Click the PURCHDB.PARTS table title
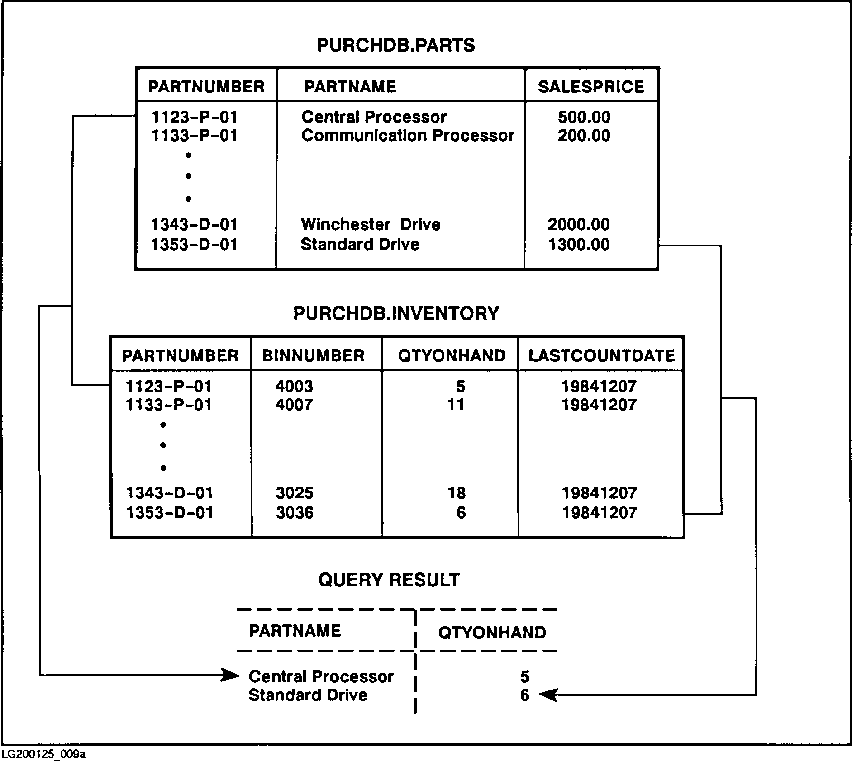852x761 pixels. pyautogui.click(x=396, y=45)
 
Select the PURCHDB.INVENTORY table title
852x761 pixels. pyautogui.click(x=396, y=313)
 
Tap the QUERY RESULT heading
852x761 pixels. pyautogui.click(x=389, y=580)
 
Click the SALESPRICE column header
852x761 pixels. pyautogui.click(x=590, y=86)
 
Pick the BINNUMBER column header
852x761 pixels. pyautogui.click(x=313, y=355)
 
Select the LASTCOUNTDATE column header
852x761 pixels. pyautogui.click(x=601, y=355)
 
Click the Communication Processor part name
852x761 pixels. pyautogui.click(x=408, y=135)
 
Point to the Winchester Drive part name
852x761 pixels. pyautogui.click(x=371, y=224)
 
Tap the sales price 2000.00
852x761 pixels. pyautogui.click(x=579, y=224)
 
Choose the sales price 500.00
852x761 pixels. pyautogui.click(x=584, y=117)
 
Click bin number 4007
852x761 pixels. pyautogui.click(x=294, y=404)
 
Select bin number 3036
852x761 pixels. pyautogui.click(x=295, y=512)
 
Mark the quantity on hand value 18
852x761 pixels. pyautogui.click(x=456, y=492)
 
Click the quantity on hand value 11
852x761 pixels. pyautogui.click(x=456, y=404)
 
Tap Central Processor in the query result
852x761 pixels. pyautogui.click(x=321, y=676)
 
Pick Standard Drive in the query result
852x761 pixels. pyautogui.click(x=308, y=695)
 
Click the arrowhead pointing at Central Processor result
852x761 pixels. pyautogui.click(x=231, y=676)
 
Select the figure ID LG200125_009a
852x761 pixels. pyautogui.click(x=44, y=754)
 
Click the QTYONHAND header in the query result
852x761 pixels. pyautogui.click(x=492, y=632)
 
